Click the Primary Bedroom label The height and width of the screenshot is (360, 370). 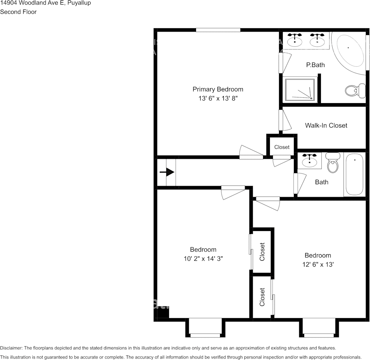(218, 89)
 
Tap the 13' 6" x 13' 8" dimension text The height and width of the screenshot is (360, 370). (218, 98)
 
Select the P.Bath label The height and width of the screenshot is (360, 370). (315, 65)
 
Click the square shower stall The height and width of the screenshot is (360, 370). (300, 90)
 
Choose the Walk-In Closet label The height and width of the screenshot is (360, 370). (326, 125)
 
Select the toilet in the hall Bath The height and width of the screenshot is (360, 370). (333, 162)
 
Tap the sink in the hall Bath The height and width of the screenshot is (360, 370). (309, 160)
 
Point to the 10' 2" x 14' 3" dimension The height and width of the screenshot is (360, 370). (203, 258)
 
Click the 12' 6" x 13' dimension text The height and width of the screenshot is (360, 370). (318, 264)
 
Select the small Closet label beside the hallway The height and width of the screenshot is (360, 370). (282, 147)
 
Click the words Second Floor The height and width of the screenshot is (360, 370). (18, 12)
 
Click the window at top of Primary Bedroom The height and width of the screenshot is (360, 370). (218, 30)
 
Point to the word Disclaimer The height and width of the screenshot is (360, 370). (11, 348)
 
